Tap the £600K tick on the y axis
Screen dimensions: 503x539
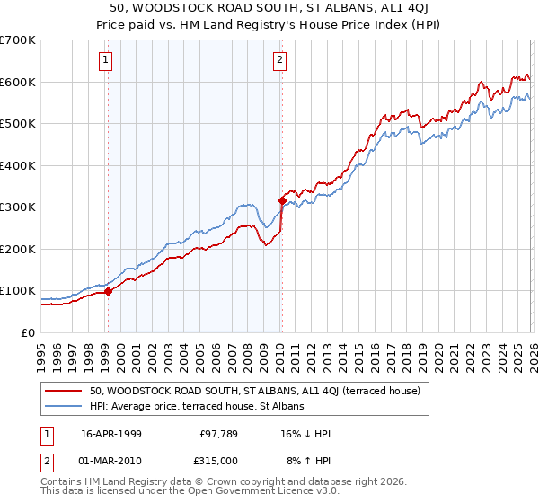tap(18, 82)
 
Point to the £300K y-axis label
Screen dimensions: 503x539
tap(18, 207)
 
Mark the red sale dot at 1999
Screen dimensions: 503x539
tap(109, 291)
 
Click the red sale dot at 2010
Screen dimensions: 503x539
tap(281, 200)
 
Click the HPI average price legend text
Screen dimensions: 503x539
tap(197, 407)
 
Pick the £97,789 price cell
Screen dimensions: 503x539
tap(219, 434)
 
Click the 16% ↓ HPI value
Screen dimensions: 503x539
tap(305, 434)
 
